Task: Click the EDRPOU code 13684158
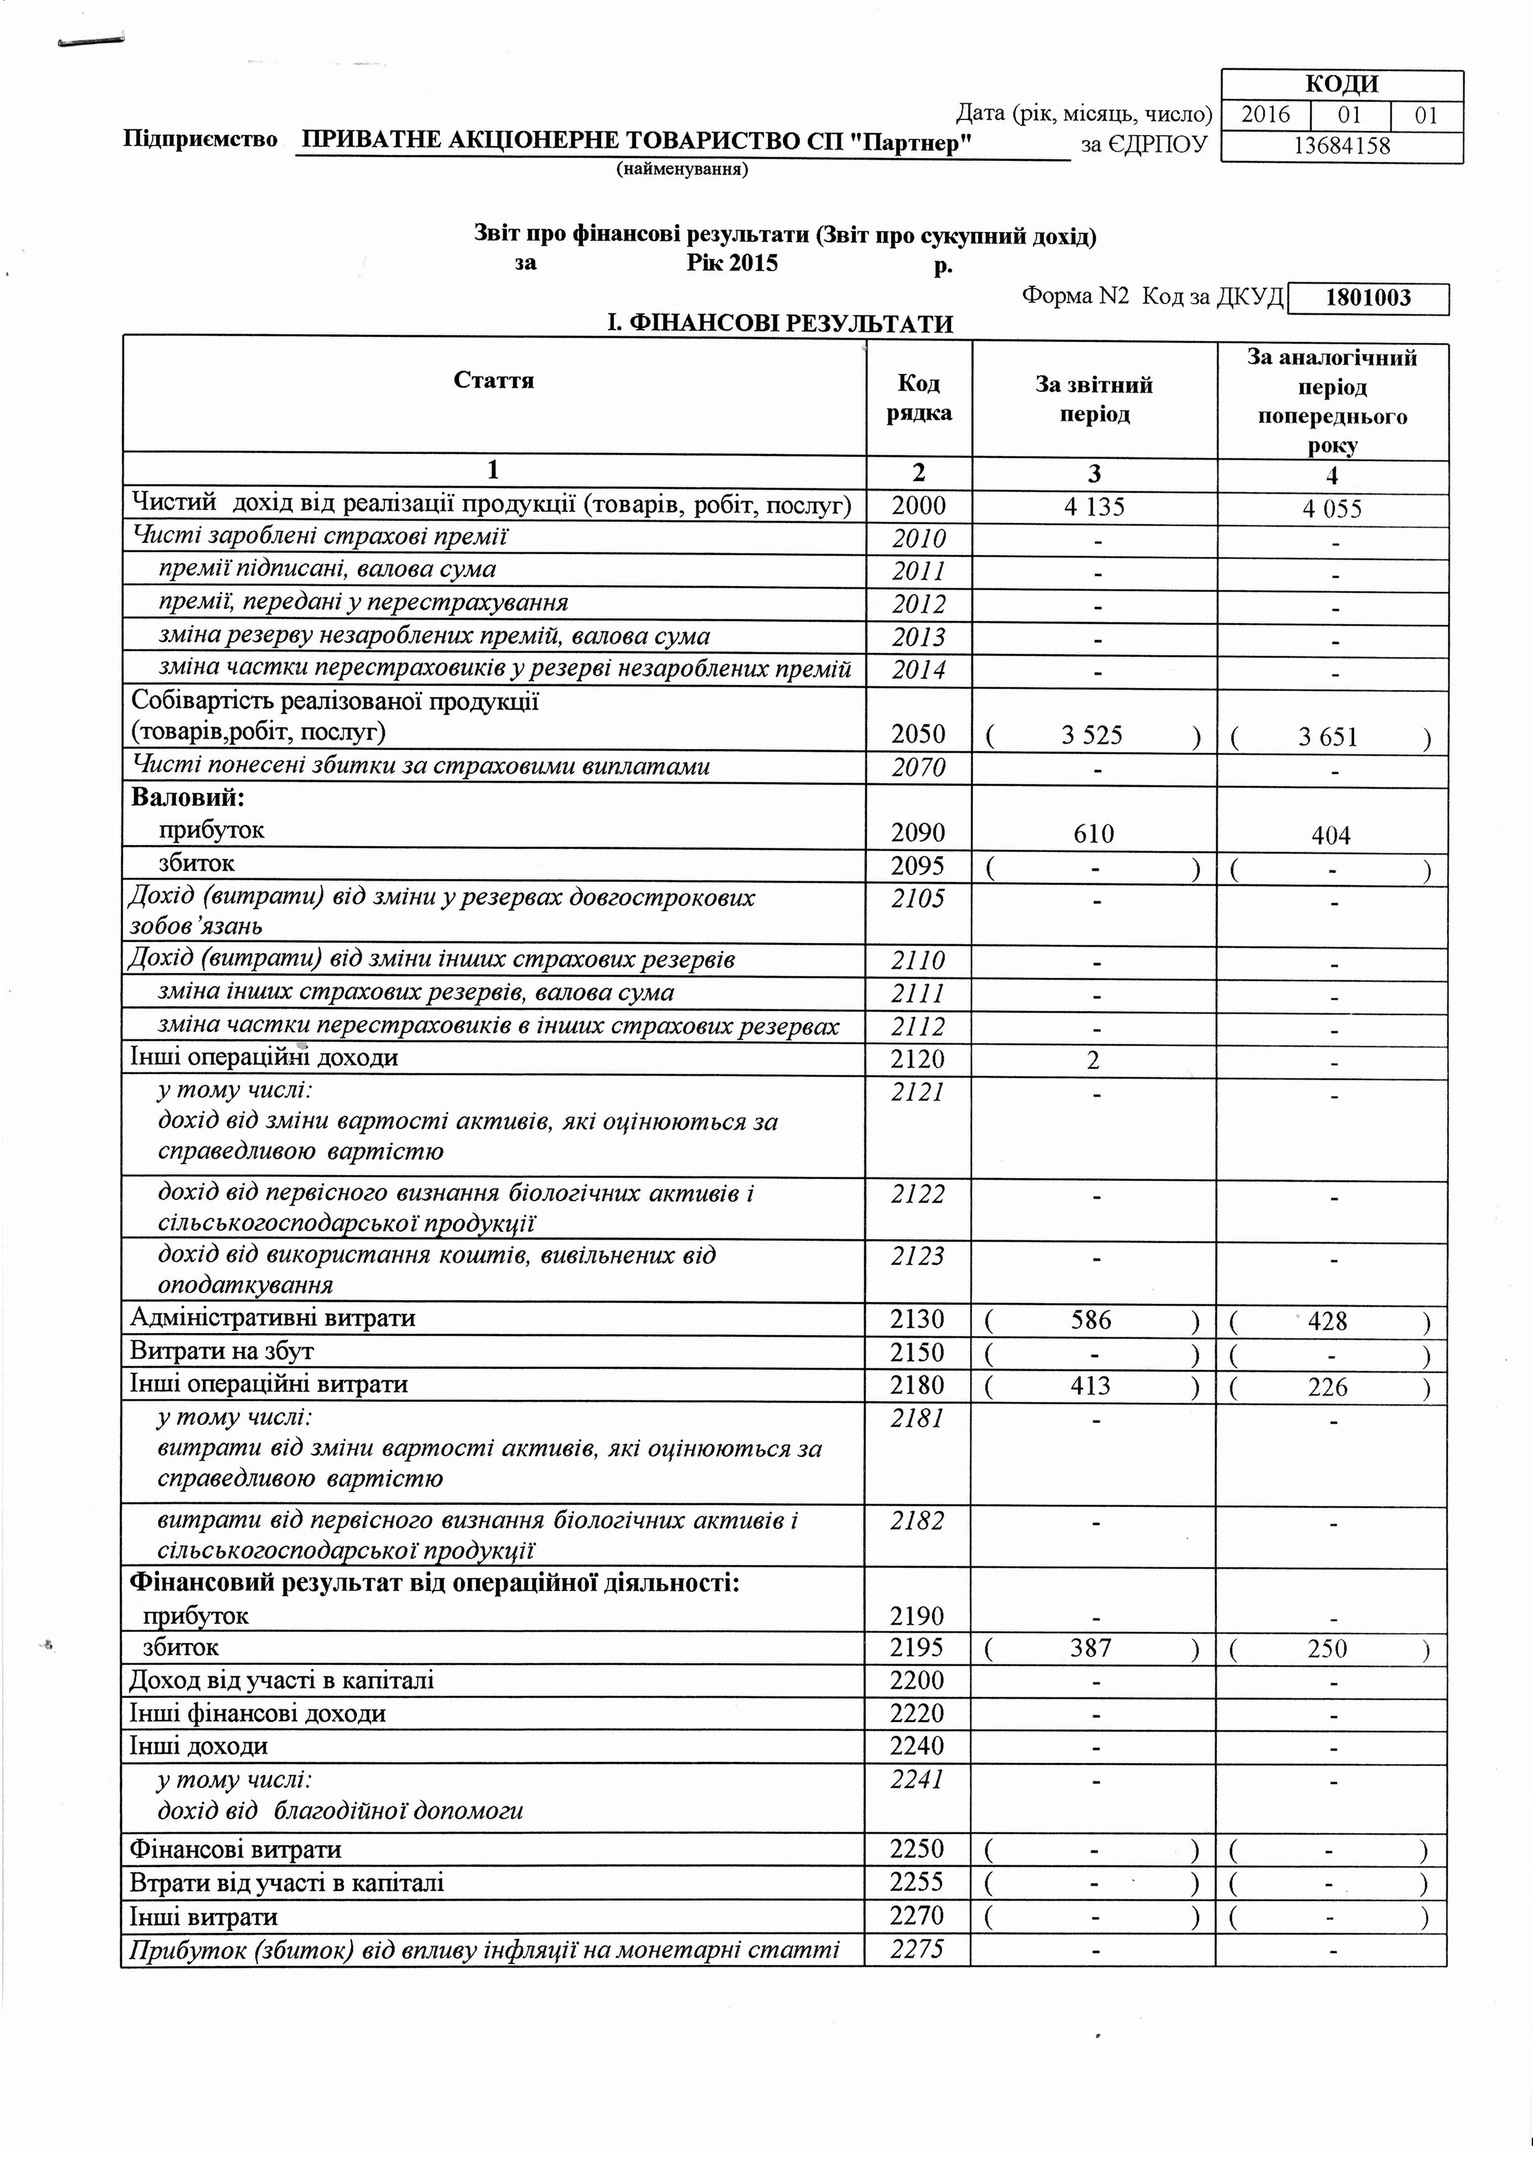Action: tap(1341, 146)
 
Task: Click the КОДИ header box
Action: tap(1341, 84)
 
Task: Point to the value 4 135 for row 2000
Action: tap(1094, 508)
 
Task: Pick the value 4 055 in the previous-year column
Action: tap(1332, 509)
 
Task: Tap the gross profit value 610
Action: tap(1094, 833)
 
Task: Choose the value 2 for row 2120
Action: tap(1093, 1060)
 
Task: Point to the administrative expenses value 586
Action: tap(1091, 1319)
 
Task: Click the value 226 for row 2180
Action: tap(1328, 1386)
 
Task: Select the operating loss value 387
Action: tap(1091, 1648)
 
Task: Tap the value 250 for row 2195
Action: tap(1328, 1649)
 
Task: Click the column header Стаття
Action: tap(494, 381)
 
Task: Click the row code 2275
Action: tap(916, 1948)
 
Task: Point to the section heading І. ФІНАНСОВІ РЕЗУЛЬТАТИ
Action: tap(779, 323)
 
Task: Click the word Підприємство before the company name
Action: tap(200, 140)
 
